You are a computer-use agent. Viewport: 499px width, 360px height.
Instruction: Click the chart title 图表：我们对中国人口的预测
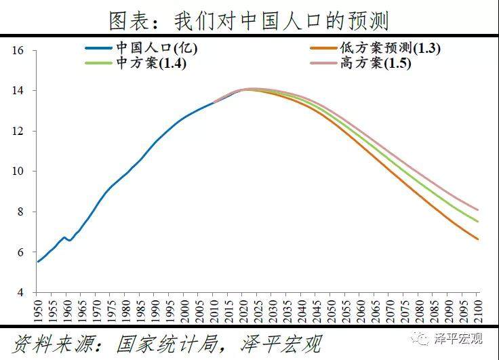249,20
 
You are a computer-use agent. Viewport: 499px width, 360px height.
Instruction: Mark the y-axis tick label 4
22,292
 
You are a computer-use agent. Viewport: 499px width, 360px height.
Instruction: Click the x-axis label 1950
37,311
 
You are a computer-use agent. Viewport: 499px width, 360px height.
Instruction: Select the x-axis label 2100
479,311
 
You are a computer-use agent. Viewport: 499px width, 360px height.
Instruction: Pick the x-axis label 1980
125,311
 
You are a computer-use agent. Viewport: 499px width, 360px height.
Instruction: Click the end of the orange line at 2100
478,239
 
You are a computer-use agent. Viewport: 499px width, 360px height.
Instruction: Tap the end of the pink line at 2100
478,209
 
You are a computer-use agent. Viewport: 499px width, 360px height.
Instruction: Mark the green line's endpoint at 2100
478,221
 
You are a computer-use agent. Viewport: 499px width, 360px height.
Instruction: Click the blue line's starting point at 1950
37,262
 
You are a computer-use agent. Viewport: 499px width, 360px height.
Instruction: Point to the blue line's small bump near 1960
65,238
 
